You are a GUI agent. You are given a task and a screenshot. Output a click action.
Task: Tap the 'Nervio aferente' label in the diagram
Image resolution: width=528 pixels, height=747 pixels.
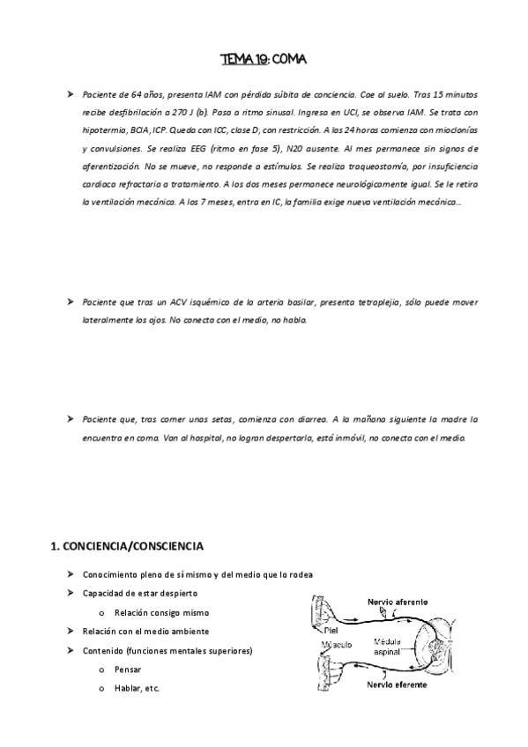tap(398, 601)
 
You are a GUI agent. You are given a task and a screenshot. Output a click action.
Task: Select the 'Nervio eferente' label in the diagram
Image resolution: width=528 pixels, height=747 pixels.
tap(398, 684)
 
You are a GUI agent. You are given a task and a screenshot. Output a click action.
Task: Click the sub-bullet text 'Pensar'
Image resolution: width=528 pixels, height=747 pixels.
tap(129, 669)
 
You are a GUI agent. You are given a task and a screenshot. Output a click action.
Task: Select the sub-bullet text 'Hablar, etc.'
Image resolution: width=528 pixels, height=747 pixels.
tap(137, 688)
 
